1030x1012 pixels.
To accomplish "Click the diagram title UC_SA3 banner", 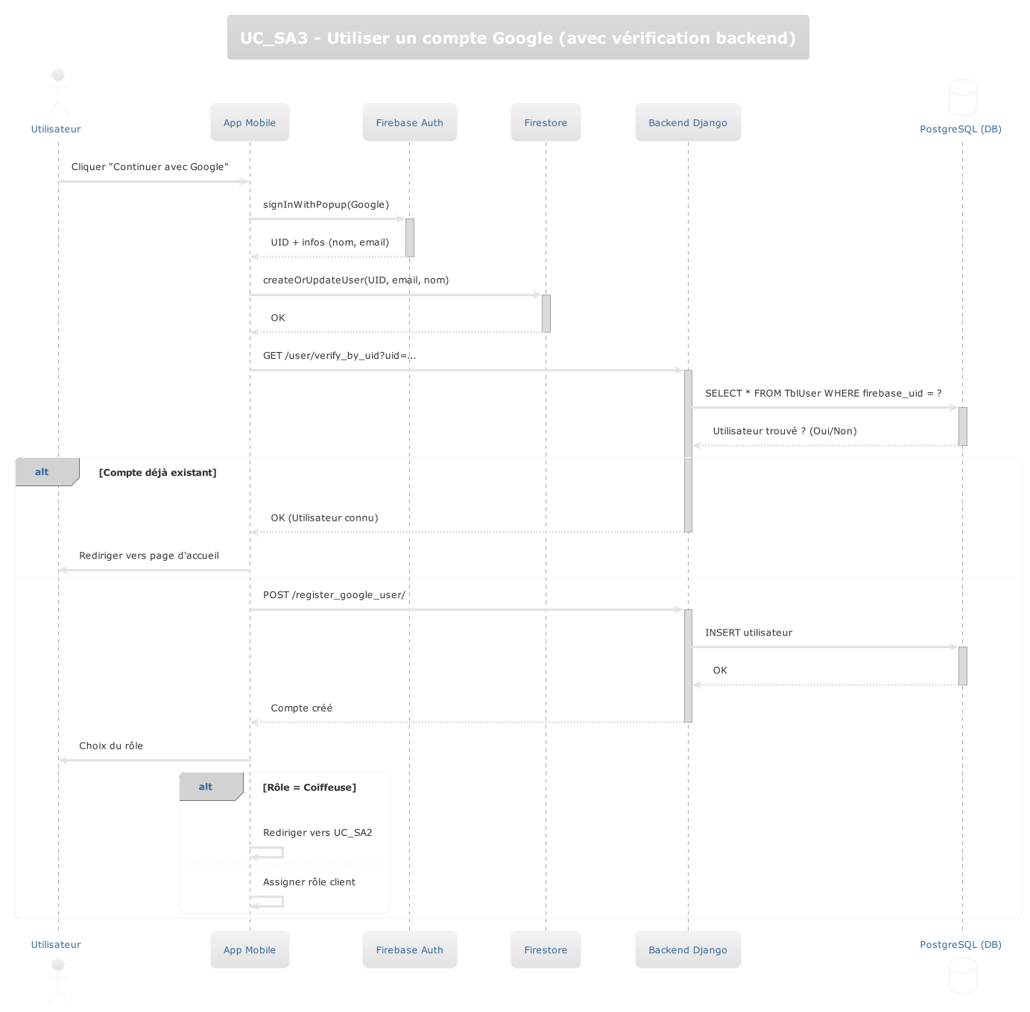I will pyautogui.click(x=518, y=37).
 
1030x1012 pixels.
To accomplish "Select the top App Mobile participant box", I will pyautogui.click(x=250, y=122).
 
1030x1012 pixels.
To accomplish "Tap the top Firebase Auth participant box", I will pyautogui.click(x=409, y=122).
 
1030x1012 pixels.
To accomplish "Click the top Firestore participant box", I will pyautogui.click(x=546, y=122).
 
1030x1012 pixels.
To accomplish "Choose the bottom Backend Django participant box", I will pyautogui.click(x=688, y=949).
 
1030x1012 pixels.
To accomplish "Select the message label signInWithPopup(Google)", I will pyautogui.click(x=326, y=204).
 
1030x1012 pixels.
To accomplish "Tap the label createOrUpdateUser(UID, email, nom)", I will pyautogui.click(x=356, y=280).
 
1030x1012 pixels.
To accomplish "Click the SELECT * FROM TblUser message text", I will pyautogui.click(x=823, y=393).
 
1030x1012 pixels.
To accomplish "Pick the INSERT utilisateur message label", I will pyautogui.click(x=748, y=632).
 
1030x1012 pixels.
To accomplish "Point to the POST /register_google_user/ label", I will pyautogui.click(x=334, y=594).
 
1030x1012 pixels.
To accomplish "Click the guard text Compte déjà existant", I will pyautogui.click(x=157, y=472).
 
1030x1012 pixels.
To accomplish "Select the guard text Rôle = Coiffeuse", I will pyautogui.click(x=309, y=787).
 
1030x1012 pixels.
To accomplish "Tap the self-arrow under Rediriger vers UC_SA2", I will pyautogui.click(x=268, y=852).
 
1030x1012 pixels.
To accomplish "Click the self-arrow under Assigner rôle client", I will pyautogui.click(x=268, y=902).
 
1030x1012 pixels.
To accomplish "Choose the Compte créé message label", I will pyautogui.click(x=301, y=708).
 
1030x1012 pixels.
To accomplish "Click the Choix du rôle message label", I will pyautogui.click(x=111, y=746).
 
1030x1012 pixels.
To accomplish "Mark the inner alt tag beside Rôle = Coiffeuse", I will pyautogui.click(x=206, y=787).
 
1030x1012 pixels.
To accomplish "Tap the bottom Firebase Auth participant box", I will pyautogui.click(x=409, y=949).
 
